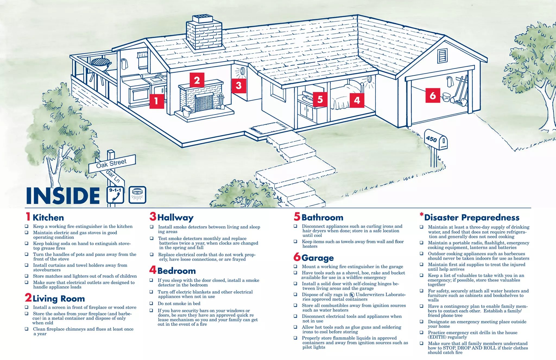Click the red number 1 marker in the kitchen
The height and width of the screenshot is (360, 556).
point(157,101)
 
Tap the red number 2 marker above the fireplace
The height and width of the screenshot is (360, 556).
point(197,80)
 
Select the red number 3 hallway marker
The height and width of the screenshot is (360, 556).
point(239,86)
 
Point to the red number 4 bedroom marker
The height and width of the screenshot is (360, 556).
point(357,100)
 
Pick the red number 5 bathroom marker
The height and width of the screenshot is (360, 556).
point(320,99)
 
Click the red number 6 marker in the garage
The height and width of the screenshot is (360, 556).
point(433,95)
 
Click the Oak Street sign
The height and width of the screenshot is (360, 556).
point(112,164)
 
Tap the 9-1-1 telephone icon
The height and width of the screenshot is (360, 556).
point(115,195)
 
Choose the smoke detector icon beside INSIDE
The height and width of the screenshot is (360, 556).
point(137,195)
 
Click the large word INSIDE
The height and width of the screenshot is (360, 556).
point(63,196)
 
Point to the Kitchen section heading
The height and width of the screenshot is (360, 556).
point(48,218)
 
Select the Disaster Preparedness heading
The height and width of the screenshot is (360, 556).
point(472,218)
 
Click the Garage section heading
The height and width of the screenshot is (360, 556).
point(317,258)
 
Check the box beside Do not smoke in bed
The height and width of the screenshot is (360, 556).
point(151,303)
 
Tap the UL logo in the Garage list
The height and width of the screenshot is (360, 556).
point(352,295)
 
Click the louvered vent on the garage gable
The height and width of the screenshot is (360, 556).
point(442,56)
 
